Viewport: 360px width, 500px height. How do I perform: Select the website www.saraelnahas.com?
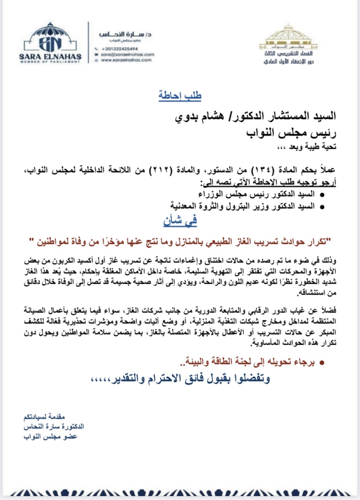coord(126,60)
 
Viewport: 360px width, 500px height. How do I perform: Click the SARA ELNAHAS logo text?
coord(50,56)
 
